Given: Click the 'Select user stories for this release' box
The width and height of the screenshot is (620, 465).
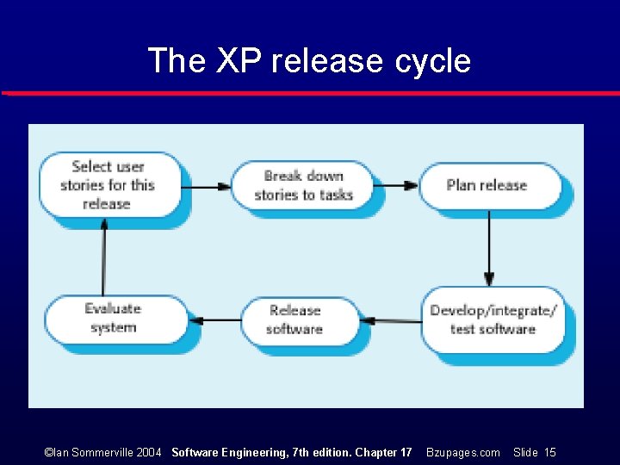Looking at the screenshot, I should click(x=108, y=184).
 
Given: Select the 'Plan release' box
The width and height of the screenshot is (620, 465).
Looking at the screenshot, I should click(x=487, y=184).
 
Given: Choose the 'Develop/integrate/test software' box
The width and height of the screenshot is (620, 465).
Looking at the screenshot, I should click(x=493, y=319).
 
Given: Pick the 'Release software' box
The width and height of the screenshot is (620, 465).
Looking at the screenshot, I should click(x=295, y=319).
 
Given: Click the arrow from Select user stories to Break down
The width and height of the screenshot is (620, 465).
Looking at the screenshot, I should click(x=206, y=185).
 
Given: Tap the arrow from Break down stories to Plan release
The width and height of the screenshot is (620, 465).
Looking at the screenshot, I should click(x=398, y=185).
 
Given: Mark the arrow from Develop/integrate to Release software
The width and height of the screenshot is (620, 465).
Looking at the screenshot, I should click(x=391, y=320).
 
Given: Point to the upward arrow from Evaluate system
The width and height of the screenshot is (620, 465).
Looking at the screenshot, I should click(x=104, y=255).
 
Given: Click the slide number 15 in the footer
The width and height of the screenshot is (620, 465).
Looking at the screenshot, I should click(x=549, y=452).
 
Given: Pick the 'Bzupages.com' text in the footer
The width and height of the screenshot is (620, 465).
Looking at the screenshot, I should click(x=462, y=452).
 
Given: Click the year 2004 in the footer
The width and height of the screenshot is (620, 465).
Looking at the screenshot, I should click(x=149, y=452).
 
